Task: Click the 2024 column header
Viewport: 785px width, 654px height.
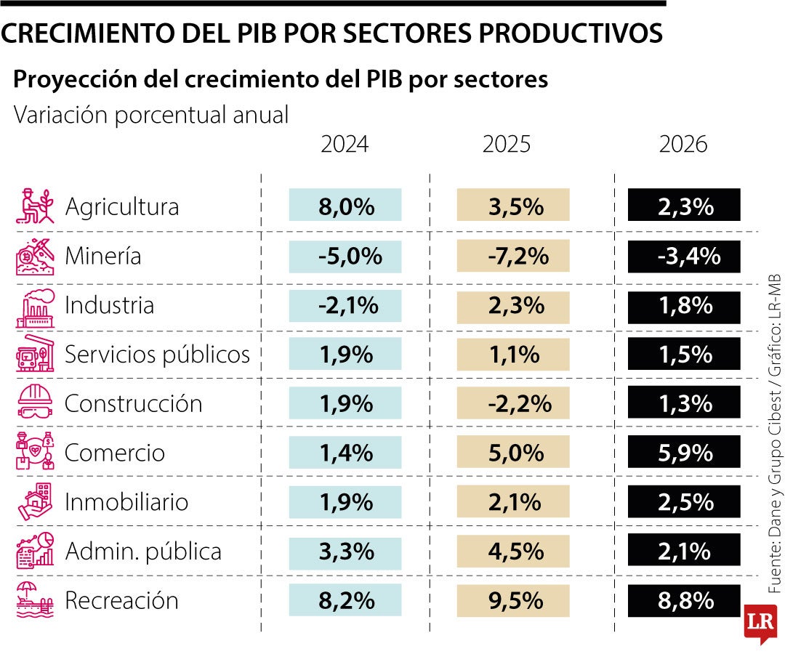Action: (345, 145)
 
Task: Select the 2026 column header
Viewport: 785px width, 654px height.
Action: (683, 145)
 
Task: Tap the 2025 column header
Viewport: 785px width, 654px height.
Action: (507, 145)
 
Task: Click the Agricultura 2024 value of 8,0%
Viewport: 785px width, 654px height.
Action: (345, 206)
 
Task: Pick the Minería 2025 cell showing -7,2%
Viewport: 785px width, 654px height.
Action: (513, 256)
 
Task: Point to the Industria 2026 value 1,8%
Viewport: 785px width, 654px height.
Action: (684, 305)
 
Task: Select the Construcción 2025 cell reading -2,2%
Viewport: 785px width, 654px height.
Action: (513, 403)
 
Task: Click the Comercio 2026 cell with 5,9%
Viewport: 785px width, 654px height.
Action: (684, 453)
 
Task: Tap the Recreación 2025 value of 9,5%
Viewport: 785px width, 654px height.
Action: (513, 601)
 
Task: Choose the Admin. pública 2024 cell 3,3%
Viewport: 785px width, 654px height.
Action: (345, 551)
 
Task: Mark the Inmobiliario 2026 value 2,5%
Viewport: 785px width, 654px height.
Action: (684, 502)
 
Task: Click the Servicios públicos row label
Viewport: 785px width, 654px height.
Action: (157, 355)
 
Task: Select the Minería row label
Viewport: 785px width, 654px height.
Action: (103, 256)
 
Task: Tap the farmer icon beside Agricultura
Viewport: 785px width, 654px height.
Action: (35, 206)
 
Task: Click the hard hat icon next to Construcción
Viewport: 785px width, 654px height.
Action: (35, 403)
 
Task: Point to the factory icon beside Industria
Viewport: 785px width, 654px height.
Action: (35, 305)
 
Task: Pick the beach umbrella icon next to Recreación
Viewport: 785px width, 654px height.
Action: (35, 600)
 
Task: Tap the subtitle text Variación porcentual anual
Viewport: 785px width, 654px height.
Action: (151, 115)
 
